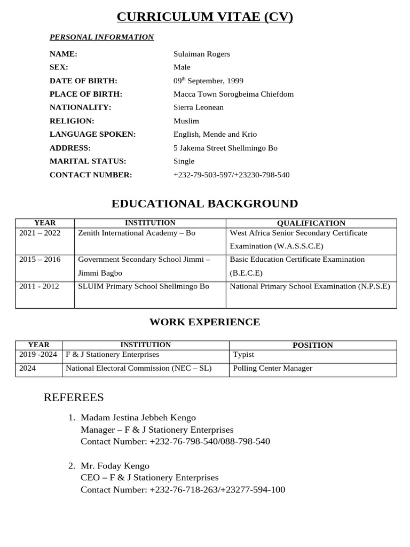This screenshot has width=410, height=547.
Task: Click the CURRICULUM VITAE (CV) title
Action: pos(205,17)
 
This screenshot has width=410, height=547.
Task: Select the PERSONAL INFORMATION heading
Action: pos(101,37)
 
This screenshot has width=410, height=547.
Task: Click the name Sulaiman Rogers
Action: pos(202,54)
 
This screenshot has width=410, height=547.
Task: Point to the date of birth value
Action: pos(208,81)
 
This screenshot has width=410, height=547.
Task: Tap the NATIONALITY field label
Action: pos(80,107)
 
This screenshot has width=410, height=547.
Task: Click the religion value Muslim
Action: pos(186,121)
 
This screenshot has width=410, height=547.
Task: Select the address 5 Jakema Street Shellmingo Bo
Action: pos(225,148)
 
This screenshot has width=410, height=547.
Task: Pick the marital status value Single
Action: pos(184,161)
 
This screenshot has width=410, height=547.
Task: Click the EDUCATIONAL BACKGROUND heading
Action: pos(204,204)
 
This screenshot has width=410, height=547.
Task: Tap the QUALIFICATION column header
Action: pos(311,223)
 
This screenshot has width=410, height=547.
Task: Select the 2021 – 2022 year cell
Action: pos(40,233)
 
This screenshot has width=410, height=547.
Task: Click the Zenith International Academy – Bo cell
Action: pos(137,233)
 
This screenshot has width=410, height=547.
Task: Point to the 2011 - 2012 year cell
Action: pos(40,286)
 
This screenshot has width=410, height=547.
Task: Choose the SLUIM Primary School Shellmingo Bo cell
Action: pos(144,286)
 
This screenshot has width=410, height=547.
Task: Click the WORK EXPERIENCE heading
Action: pos(204,322)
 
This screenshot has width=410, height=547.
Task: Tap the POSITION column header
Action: pos(313,345)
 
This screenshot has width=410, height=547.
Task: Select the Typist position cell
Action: pos(244,355)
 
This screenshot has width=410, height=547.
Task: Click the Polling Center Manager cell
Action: pos(273,368)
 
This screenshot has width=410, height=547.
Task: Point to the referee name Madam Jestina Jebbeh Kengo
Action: pos(138,418)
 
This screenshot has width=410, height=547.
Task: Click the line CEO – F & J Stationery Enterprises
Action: pos(149,478)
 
